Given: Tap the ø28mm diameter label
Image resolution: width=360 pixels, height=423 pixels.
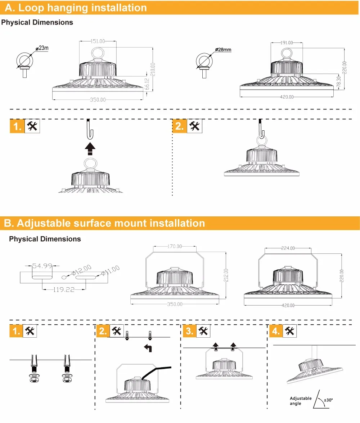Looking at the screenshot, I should [223, 49].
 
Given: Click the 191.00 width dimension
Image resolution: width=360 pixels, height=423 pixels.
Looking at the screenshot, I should [287, 43].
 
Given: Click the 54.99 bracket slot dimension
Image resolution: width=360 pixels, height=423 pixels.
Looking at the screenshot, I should [42, 266].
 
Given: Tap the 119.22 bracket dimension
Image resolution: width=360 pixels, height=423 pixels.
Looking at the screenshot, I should [64, 289].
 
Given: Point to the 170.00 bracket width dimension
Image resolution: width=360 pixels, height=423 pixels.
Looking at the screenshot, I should [175, 246].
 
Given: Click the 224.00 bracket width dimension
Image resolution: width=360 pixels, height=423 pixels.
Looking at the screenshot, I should [288, 248].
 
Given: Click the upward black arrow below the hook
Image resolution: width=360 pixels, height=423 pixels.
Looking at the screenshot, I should [90, 148].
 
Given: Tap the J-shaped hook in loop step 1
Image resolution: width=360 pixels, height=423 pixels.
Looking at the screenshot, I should [89, 129].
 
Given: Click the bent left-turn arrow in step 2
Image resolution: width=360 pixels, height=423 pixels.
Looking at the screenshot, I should [148, 348].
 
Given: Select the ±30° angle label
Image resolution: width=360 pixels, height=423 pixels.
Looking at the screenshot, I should [328, 400].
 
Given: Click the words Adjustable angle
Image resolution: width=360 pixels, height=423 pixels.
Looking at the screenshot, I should [301, 401].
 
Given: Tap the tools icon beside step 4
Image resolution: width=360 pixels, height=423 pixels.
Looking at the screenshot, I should [290, 332].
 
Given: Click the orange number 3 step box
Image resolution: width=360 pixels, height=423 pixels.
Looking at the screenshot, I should [189, 332].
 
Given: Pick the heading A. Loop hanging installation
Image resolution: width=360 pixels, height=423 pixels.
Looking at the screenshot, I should [76, 8].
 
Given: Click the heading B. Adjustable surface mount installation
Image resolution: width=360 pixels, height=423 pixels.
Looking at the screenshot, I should [104, 223].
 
